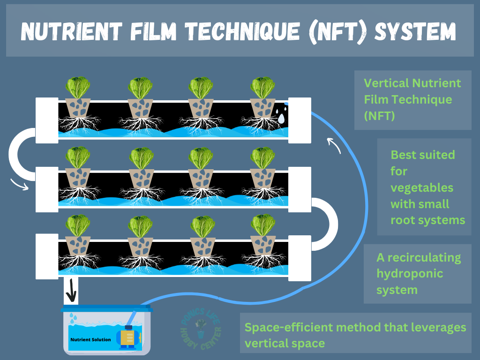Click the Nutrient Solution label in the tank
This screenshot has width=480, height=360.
pos(91,339)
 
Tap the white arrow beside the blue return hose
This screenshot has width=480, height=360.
pos(333,145)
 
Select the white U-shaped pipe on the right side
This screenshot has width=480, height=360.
pos(324,224)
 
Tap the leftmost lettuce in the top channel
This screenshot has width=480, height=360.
pos(78,88)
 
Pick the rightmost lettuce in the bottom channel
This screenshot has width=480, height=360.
pos(262,225)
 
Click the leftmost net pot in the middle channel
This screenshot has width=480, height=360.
pos(78,177)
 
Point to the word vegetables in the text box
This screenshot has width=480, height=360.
pos(422,187)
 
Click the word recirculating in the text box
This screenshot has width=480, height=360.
pos(419,257)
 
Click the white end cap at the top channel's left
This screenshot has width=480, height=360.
pos(47,120)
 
